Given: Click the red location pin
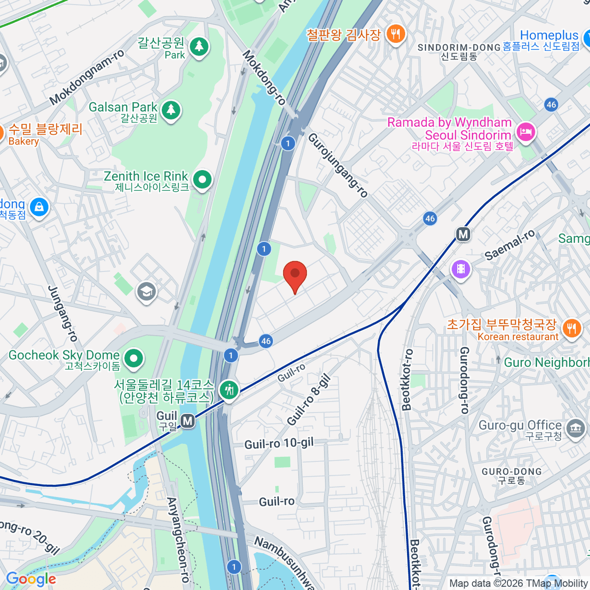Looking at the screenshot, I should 295,274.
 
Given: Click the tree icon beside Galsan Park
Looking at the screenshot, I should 171,110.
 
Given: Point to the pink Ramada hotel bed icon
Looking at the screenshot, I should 526,132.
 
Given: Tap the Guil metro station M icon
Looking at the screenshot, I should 187,421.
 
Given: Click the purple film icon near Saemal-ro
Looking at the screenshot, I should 461,268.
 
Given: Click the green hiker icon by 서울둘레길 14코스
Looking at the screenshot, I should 229,390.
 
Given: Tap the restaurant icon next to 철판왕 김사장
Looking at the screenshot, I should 395,34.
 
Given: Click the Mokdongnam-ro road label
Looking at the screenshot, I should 87,78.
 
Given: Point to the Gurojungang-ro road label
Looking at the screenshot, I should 338,165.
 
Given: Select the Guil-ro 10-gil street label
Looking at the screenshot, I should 279,443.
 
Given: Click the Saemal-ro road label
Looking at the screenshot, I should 509,245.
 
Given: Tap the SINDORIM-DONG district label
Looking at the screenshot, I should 459,48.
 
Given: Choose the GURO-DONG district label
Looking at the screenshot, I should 511,472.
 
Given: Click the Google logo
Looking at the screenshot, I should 31,579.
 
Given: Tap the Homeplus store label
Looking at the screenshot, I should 549,35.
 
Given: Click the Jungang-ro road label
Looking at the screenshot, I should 63,314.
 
